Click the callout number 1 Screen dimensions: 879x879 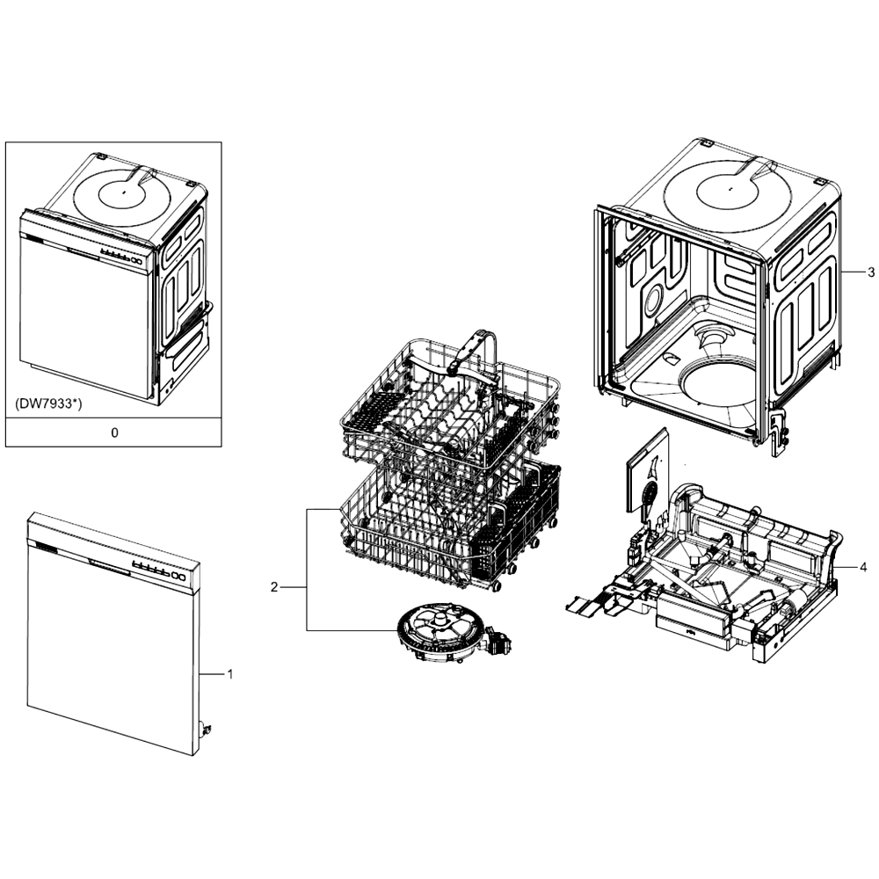[229, 674]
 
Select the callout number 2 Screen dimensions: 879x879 [274, 587]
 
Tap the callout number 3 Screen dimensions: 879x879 [870, 272]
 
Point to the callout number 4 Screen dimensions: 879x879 [863, 568]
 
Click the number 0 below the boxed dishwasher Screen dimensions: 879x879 [115, 432]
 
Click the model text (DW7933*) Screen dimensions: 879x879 [48, 403]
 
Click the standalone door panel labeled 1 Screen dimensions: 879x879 [113, 634]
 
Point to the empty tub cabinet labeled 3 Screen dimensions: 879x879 [717, 292]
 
